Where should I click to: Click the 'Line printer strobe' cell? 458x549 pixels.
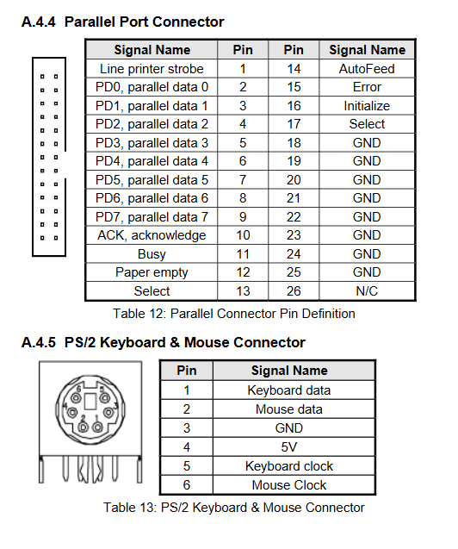click(152, 69)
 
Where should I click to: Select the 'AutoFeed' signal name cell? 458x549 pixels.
click(367, 69)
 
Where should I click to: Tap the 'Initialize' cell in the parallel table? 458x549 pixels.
click(367, 106)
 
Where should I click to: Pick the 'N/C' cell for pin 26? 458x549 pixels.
click(367, 291)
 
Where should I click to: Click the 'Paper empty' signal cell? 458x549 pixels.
click(152, 272)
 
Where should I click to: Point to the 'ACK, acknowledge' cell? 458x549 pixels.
click(152, 235)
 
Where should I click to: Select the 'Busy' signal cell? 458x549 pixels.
click(152, 254)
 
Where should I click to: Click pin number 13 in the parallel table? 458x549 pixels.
click(243, 291)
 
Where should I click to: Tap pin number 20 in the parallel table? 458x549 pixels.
click(294, 180)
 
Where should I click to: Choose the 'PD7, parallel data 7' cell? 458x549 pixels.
click(152, 217)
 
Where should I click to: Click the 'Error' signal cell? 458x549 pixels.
click(367, 87)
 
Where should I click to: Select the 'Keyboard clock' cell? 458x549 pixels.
click(289, 466)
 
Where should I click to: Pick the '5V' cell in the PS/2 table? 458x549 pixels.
click(289, 447)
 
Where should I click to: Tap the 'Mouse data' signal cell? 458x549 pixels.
click(289, 409)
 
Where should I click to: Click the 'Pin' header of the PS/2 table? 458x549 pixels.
click(186, 371)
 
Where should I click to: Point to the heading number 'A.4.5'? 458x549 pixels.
click(39, 342)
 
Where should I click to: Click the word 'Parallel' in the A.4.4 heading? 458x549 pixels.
click(90, 22)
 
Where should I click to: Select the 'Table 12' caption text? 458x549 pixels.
click(139, 314)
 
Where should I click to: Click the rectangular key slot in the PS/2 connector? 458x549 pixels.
click(90, 402)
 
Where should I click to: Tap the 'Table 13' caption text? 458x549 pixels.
click(129, 508)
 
